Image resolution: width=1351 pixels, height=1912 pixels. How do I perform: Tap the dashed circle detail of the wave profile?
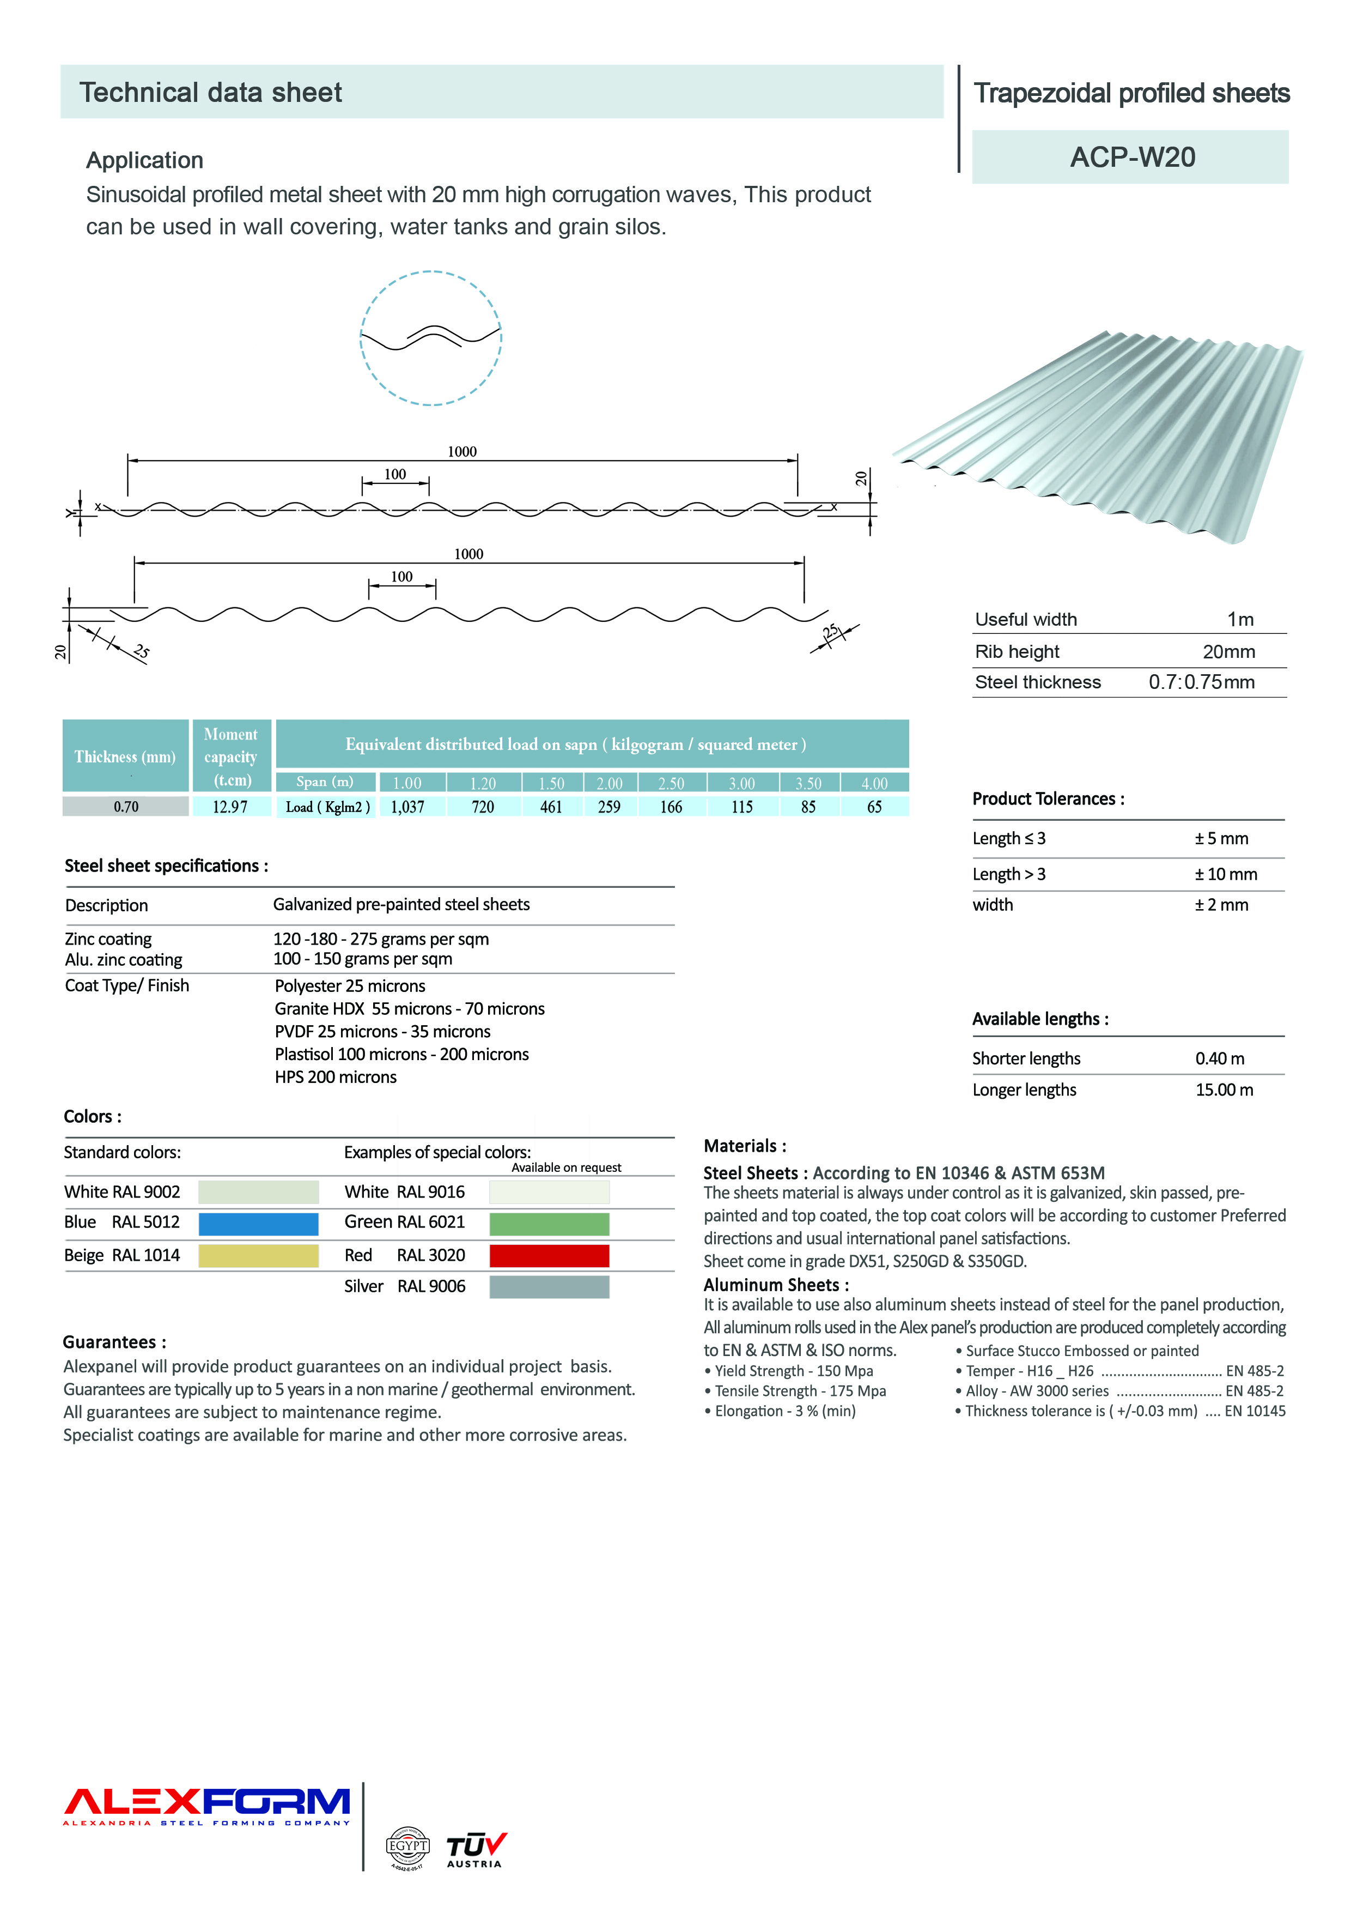[x=430, y=338]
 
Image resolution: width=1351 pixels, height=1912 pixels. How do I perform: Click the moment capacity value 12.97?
[x=230, y=807]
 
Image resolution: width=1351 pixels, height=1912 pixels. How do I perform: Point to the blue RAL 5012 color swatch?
[x=258, y=1223]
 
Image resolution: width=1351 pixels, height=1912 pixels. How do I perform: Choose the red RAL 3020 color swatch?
[x=550, y=1256]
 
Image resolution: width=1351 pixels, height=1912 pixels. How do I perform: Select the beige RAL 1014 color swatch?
[x=258, y=1256]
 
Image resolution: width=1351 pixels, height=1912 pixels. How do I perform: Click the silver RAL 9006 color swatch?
[x=550, y=1287]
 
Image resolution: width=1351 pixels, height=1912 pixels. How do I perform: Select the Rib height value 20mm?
[x=1228, y=652]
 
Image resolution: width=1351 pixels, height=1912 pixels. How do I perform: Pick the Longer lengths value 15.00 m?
[x=1224, y=1090]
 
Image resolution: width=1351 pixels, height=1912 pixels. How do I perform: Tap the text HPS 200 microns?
[x=336, y=1078]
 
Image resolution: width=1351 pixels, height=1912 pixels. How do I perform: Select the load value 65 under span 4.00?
[x=874, y=807]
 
